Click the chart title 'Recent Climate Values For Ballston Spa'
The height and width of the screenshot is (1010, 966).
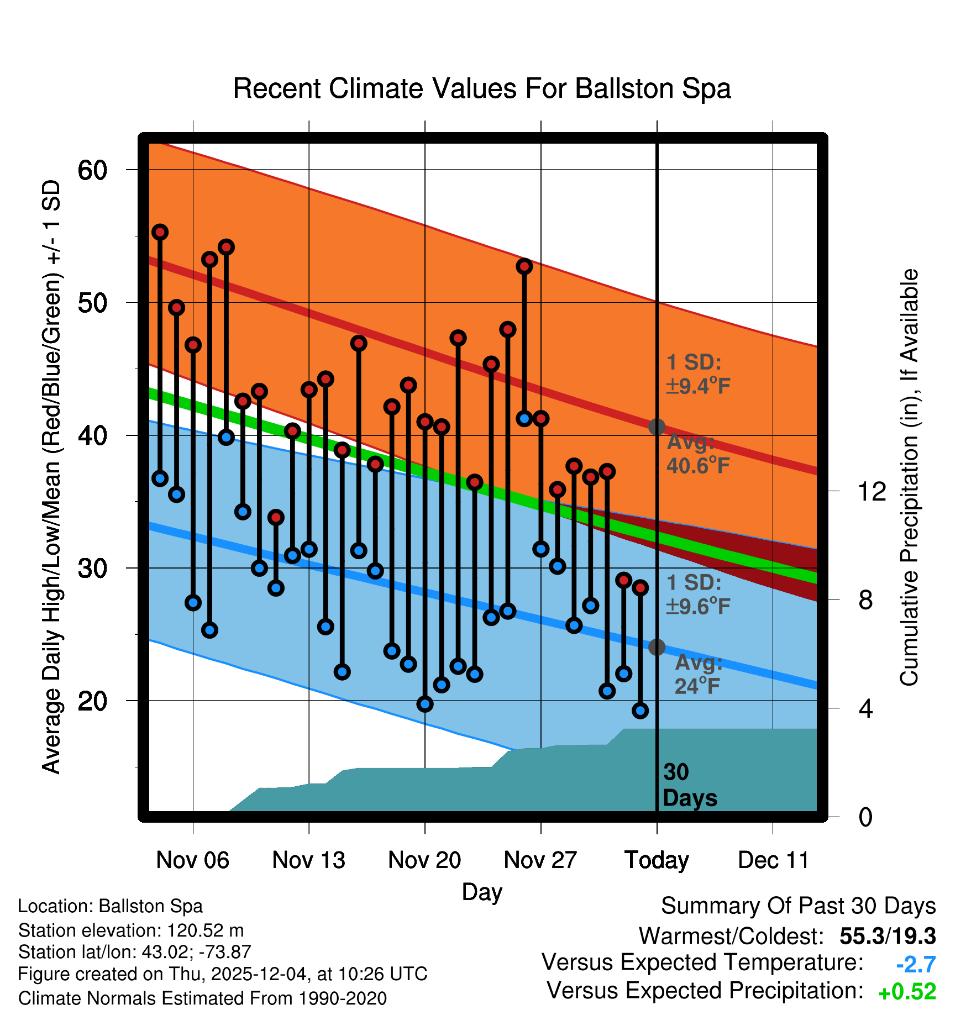(x=482, y=88)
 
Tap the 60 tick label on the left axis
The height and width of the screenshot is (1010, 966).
(x=92, y=170)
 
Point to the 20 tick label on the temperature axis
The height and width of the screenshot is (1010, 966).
(x=92, y=701)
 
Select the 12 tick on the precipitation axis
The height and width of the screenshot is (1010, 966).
(x=872, y=491)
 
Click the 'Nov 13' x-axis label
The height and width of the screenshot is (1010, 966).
(x=308, y=860)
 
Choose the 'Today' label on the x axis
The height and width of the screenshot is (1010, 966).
(x=657, y=860)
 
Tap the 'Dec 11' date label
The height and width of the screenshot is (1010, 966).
(x=773, y=860)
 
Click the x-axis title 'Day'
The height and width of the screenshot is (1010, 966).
(x=482, y=892)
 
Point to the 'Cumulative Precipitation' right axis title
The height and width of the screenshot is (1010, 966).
(x=909, y=477)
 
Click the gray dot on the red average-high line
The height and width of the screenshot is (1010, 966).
(x=657, y=427)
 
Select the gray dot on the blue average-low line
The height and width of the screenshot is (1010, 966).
(x=657, y=647)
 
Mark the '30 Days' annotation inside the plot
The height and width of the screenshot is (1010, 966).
(x=690, y=785)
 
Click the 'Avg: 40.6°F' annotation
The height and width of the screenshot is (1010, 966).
(x=697, y=454)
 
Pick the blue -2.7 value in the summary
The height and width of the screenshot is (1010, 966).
(x=915, y=965)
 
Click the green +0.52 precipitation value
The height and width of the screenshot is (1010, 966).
(x=907, y=992)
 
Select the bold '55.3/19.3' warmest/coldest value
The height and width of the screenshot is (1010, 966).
(x=888, y=936)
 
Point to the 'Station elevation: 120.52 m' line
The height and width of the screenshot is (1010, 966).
(x=131, y=930)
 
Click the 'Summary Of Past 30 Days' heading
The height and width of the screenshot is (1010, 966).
(x=798, y=906)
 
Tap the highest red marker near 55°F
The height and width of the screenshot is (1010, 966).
(x=160, y=232)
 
